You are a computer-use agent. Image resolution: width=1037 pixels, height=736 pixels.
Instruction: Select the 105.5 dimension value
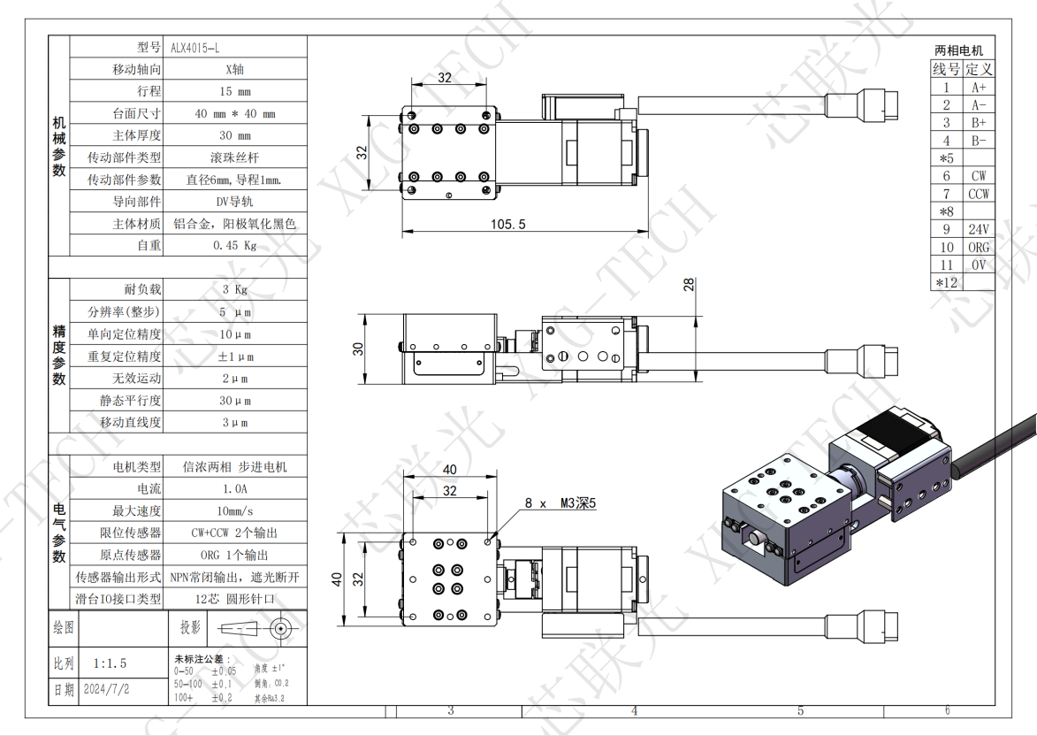(x=508, y=225)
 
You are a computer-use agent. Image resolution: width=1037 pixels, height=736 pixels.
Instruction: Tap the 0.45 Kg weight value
(x=234, y=246)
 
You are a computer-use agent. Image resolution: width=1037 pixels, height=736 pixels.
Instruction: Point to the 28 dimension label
(x=689, y=284)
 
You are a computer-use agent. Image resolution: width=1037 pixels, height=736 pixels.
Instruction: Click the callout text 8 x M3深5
(x=560, y=503)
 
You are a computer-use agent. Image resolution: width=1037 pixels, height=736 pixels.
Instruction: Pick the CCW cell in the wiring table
(x=978, y=194)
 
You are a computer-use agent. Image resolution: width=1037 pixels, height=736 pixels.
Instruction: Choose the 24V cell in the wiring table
(x=978, y=230)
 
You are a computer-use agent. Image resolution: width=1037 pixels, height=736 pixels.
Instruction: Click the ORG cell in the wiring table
(x=978, y=248)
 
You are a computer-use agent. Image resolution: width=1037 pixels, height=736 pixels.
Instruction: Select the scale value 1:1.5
(x=111, y=663)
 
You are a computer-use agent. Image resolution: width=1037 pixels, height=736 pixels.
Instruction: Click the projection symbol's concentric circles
(x=281, y=629)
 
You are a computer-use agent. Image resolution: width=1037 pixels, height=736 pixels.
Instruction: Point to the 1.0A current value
(x=234, y=488)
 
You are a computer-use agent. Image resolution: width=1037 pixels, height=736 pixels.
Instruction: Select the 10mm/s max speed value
(x=234, y=510)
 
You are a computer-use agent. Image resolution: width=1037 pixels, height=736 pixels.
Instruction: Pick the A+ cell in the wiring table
(x=978, y=87)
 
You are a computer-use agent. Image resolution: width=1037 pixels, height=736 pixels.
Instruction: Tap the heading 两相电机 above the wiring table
(x=958, y=50)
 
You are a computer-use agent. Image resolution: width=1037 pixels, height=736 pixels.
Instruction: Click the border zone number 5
(x=801, y=709)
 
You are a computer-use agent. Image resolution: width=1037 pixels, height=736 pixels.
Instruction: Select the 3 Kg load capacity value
(x=234, y=289)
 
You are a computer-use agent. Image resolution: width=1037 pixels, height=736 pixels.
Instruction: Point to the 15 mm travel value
(x=234, y=91)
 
